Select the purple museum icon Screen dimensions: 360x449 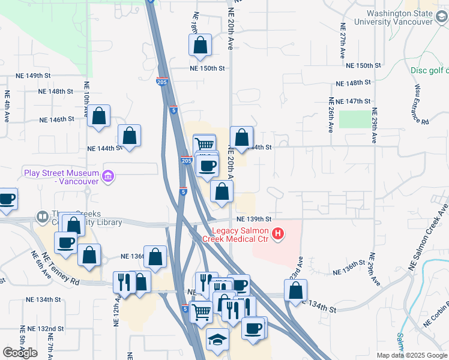click(108, 176)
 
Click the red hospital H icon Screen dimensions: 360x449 click(277, 234)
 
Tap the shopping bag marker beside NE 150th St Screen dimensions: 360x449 click(200, 45)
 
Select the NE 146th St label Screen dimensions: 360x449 click(56, 119)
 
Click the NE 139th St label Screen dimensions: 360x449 click(254, 220)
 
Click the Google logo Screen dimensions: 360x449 click(20, 353)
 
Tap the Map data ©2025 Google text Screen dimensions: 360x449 click(411, 355)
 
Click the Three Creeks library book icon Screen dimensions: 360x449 click(43, 216)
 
